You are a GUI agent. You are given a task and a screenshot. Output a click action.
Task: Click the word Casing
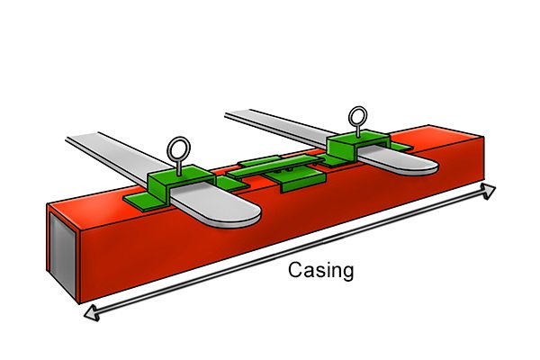[x=320, y=271]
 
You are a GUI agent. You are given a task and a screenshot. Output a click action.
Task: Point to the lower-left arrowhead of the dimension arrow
[x=92, y=312]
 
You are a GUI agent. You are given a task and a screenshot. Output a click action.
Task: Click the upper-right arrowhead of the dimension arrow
[x=488, y=191]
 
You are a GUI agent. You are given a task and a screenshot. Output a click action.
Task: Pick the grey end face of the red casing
[x=62, y=254]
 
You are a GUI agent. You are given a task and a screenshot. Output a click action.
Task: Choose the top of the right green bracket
[x=358, y=137]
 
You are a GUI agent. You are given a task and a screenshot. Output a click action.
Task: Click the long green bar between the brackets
[x=274, y=166]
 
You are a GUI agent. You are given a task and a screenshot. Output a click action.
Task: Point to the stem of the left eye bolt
[x=179, y=167]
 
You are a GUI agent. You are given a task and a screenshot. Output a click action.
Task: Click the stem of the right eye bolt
[x=358, y=130]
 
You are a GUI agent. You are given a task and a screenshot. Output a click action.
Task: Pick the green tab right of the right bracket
[x=401, y=147]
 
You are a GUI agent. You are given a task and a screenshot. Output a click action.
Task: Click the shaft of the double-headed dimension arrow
[x=290, y=252]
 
